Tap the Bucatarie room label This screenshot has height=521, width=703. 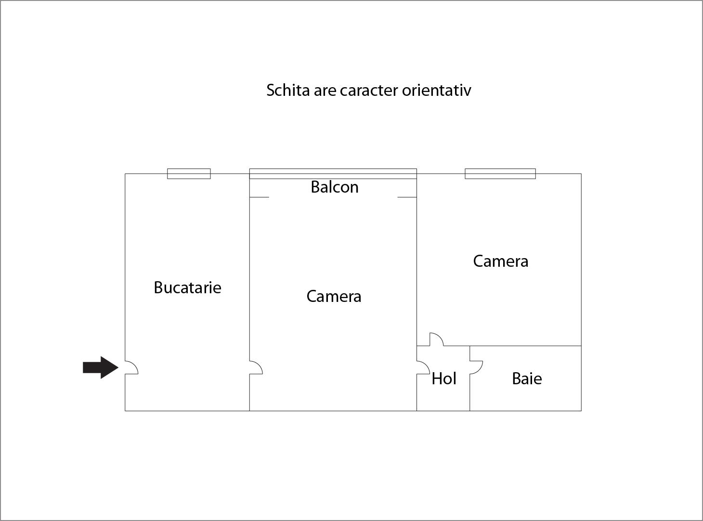[187, 287]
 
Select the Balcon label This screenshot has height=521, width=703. [334, 187]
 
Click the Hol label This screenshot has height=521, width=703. [443, 378]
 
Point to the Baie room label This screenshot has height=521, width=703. [526, 378]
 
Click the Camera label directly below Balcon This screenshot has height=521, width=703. [334, 296]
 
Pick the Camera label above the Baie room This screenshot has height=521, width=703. [500, 261]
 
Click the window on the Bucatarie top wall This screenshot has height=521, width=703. [189, 174]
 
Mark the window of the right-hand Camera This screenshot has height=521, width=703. [500, 174]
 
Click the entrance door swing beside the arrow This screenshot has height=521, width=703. [131, 367]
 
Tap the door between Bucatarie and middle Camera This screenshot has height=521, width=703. [256, 367]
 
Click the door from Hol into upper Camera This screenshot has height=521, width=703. [436, 339]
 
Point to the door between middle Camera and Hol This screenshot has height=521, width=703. [423, 367]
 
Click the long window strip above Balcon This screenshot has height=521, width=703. [333, 174]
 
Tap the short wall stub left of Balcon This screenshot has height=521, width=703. [259, 197]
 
